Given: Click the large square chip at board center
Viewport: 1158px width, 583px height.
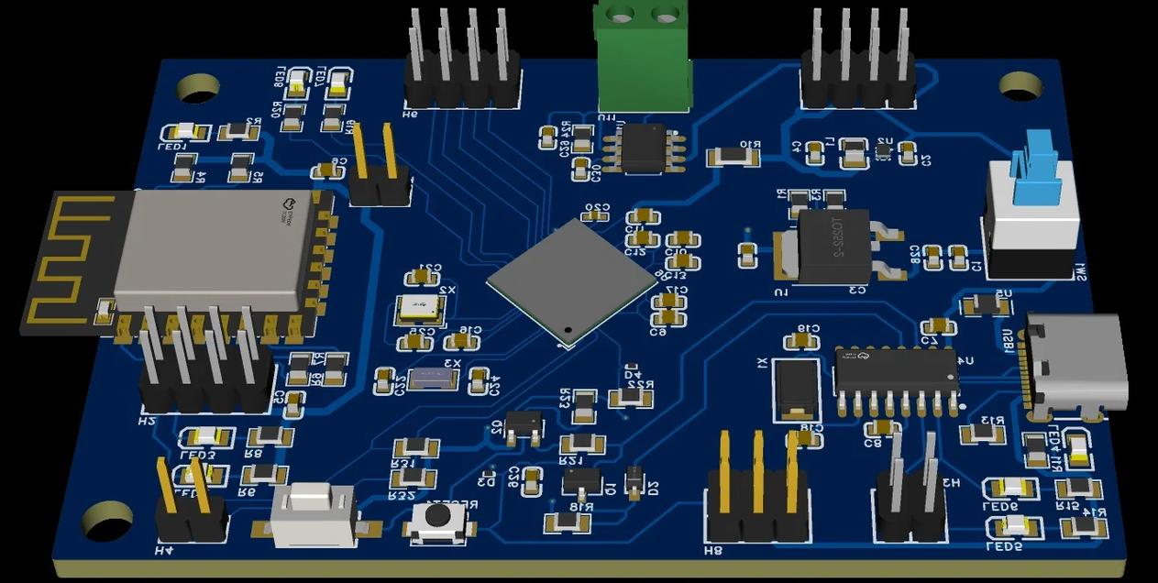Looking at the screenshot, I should (570, 280).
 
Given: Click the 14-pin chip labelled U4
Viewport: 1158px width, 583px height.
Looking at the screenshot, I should (896, 370).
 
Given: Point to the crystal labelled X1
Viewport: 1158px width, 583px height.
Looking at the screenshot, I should (795, 389).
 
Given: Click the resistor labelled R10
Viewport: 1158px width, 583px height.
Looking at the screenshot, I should (733, 157).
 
